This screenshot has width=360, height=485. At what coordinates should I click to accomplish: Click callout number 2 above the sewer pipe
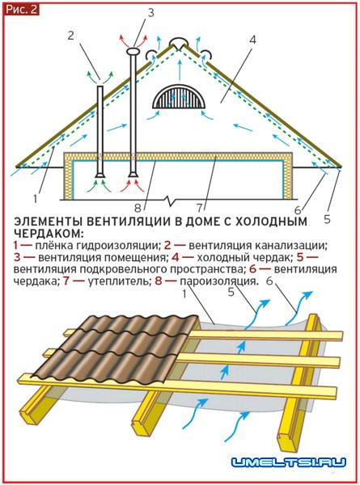pos(71,36)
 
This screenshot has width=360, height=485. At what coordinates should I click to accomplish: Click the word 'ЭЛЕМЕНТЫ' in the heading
pos(49,221)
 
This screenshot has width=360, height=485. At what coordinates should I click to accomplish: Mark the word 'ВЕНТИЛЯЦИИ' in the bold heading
pos(129,221)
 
